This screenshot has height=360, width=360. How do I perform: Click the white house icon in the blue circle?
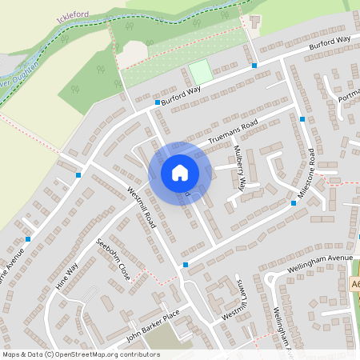point(180,172)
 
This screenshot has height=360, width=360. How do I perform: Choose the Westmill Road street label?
point(141,208)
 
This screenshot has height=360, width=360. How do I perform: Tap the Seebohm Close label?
point(113,258)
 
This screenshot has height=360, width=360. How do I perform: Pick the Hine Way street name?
point(67,274)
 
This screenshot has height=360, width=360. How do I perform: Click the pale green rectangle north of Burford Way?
point(201,71)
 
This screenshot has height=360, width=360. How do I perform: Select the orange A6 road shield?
point(355,286)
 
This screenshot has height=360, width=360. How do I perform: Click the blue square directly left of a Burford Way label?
point(158,102)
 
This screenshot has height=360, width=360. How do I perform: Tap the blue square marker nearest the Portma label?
point(302,119)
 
